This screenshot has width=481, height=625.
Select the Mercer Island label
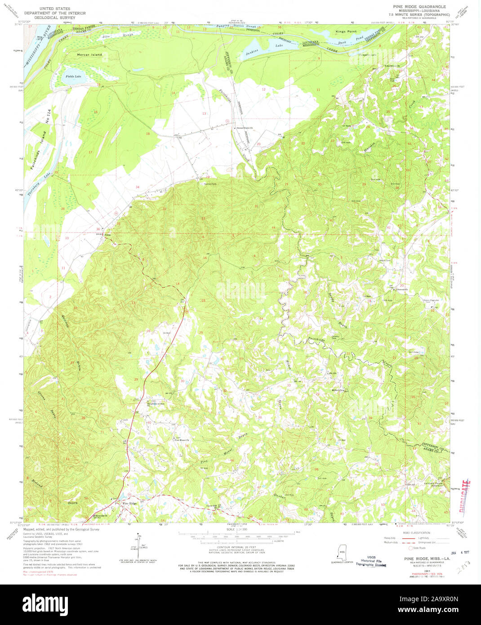coord(89,55)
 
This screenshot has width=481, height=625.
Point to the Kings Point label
coord(346,31)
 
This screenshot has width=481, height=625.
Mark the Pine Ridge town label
coord(129,503)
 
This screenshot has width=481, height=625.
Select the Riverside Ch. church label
coord(102,515)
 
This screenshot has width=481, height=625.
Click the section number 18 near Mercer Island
coord(147,134)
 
